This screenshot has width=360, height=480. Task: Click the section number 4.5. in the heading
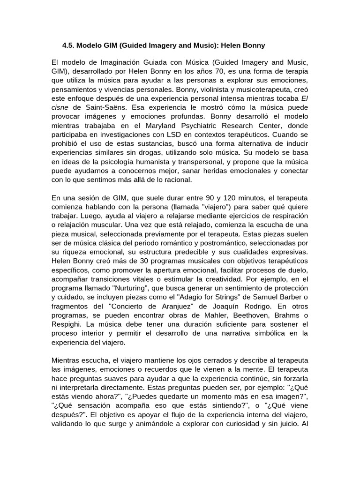[x=69, y=45]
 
